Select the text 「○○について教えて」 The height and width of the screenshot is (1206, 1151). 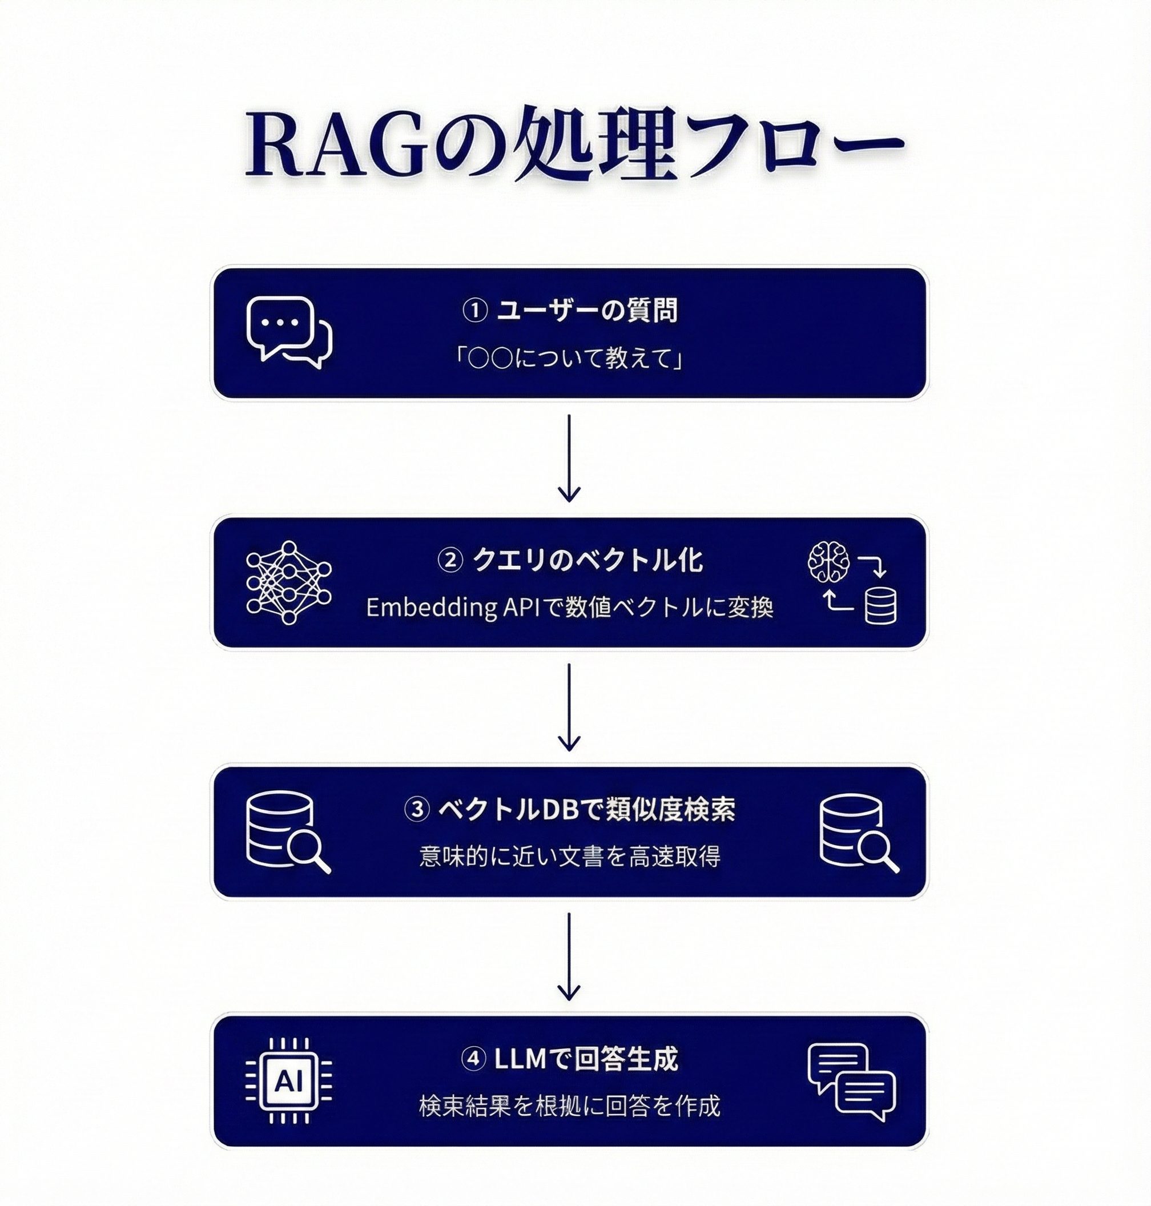(x=570, y=358)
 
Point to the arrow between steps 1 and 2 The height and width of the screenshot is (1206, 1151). (x=569, y=458)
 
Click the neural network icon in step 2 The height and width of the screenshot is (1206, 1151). (x=288, y=583)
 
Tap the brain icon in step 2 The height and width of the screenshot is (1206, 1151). (x=829, y=561)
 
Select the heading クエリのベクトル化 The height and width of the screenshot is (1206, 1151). (x=587, y=561)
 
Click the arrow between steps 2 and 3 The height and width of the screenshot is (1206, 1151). (x=569, y=706)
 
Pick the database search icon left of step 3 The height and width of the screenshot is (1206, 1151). (x=287, y=833)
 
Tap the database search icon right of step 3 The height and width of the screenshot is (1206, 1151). (x=858, y=833)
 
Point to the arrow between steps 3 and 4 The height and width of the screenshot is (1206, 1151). (x=569, y=955)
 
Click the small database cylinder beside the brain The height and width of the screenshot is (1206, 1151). (x=880, y=606)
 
